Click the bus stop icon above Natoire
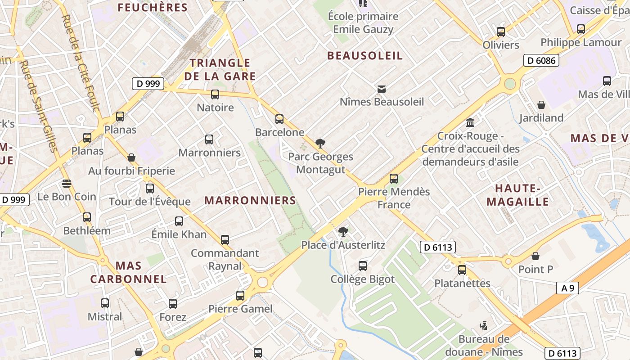(x=215, y=94)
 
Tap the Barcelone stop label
(x=279, y=132)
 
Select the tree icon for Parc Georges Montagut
(x=320, y=144)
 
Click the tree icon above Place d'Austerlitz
(x=343, y=232)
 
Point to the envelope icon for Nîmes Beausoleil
(x=382, y=89)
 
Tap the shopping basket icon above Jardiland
(x=541, y=105)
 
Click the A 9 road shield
(x=567, y=288)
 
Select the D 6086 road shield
(x=541, y=60)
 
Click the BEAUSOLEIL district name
(x=365, y=56)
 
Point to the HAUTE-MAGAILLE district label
(x=517, y=195)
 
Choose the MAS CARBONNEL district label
(x=128, y=272)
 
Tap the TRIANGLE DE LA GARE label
(x=220, y=69)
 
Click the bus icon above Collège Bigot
(x=363, y=266)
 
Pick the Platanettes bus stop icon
(x=462, y=270)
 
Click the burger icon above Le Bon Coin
(x=67, y=184)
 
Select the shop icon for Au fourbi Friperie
(x=131, y=157)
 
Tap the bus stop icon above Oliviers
(x=501, y=32)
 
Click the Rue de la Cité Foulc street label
(x=81, y=63)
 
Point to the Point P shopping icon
(x=535, y=256)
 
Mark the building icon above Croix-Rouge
(x=470, y=122)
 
